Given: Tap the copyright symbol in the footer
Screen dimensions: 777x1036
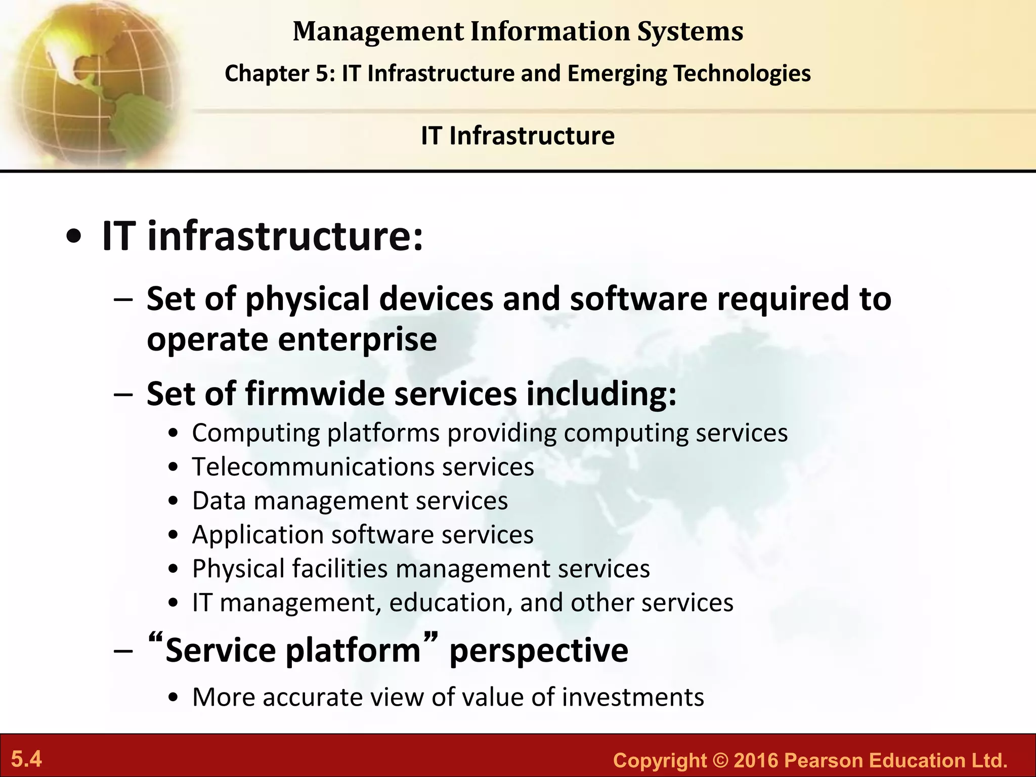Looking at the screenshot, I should click(719, 761).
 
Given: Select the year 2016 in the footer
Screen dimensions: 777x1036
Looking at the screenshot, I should click(755, 761).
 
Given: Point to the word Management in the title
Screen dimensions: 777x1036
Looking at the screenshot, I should click(378, 31).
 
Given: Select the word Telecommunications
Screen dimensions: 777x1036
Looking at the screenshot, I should click(312, 466).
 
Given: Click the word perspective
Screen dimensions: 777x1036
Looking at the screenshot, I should click(539, 651).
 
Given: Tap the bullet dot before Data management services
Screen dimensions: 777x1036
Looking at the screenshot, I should click(174, 501).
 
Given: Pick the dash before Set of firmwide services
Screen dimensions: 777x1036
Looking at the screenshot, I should click(124, 394).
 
